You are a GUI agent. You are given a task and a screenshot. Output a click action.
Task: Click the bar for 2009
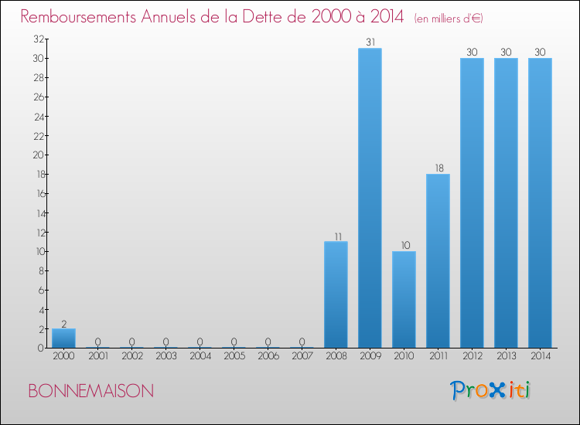[x=370, y=198]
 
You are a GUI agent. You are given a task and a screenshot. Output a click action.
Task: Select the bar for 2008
[x=336, y=294]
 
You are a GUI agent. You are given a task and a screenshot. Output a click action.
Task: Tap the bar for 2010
[x=404, y=299]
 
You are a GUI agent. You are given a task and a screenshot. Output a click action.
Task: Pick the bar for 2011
[x=438, y=260]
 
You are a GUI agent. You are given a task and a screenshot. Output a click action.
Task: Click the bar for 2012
[x=472, y=202]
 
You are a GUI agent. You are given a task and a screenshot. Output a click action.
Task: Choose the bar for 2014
[x=540, y=202]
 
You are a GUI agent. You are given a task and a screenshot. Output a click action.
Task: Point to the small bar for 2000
[x=63, y=338]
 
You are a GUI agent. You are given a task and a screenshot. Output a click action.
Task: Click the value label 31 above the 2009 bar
[x=370, y=42]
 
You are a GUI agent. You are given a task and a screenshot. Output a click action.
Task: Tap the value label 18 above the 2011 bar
[x=438, y=168]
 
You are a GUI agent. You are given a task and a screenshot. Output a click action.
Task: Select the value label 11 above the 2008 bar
[x=336, y=236]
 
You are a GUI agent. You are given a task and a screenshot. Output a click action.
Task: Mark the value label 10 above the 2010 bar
[x=404, y=246]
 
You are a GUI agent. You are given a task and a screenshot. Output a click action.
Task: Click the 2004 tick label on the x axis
[x=200, y=355]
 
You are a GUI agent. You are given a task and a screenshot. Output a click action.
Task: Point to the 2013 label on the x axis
[x=506, y=355]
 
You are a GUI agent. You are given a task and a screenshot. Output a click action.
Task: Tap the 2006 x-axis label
[x=268, y=355]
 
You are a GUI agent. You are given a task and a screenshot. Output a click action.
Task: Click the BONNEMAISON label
[x=90, y=391]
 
